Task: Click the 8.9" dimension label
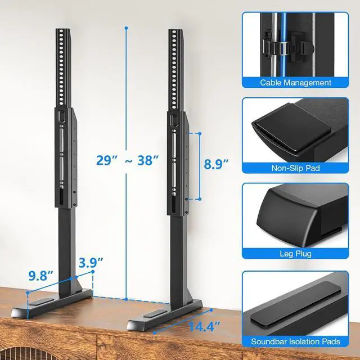tap(216, 164)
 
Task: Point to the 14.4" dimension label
tap(206, 326)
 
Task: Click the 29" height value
tap(107, 160)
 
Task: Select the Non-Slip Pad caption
tap(299, 167)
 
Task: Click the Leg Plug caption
tap(299, 254)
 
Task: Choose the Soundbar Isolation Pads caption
tap(299, 341)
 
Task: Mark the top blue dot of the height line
tap(127, 26)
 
